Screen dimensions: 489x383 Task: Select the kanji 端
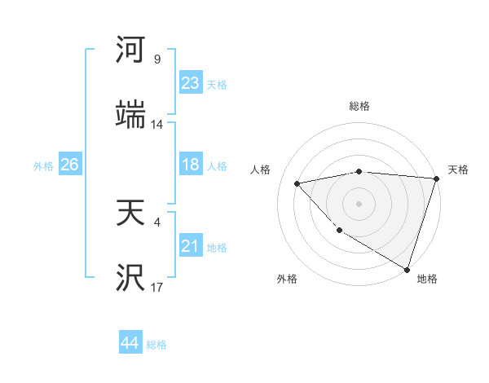pyautogui.click(x=130, y=114)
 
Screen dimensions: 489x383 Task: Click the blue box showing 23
pyautogui.click(x=191, y=83)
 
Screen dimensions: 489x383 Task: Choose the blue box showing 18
pyautogui.click(x=191, y=165)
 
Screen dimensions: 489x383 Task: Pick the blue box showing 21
pyautogui.click(x=191, y=246)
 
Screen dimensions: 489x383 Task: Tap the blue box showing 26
pyautogui.click(x=69, y=165)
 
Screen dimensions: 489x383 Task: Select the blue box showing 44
pyautogui.click(x=130, y=342)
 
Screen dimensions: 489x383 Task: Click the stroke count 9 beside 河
pyautogui.click(x=157, y=59)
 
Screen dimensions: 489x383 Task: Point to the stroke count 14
pyautogui.click(x=157, y=125)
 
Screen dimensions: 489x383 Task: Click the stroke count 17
pyautogui.click(x=157, y=288)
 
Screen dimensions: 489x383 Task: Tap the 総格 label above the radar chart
pyautogui.click(x=359, y=106)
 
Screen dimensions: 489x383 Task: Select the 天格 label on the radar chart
pyautogui.click(x=459, y=169)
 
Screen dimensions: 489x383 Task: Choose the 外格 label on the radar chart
pyautogui.click(x=287, y=279)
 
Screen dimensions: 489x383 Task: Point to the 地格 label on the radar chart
pyautogui.click(x=427, y=279)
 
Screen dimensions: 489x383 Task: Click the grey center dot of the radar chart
pyautogui.click(x=359, y=203)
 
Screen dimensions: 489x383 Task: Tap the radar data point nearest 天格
pyautogui.click(x=436, y=178)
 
